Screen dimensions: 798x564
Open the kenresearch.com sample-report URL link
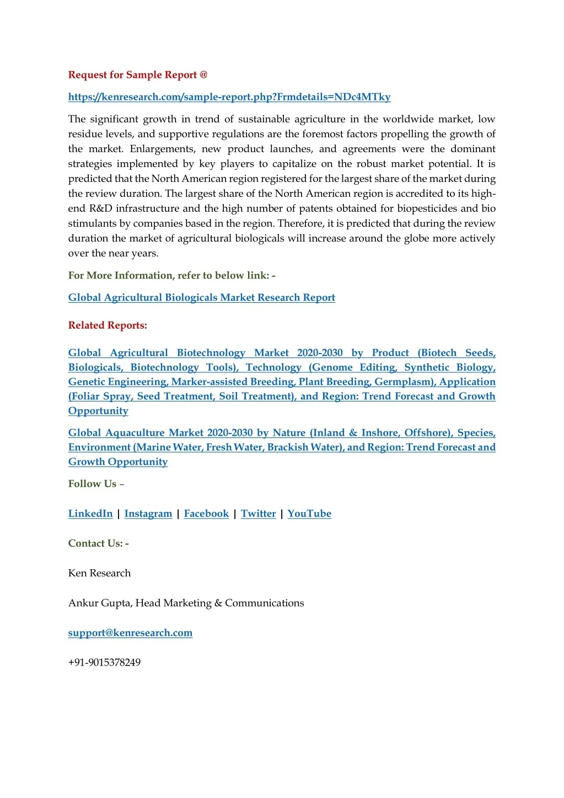click(229, 97)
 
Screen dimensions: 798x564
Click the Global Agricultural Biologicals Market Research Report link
click(201, 298)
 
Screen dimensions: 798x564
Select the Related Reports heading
click(108, 325)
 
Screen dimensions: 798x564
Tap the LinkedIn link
click(90, 514)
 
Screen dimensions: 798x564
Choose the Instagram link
click(148, 514)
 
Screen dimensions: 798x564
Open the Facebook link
click(206, 514)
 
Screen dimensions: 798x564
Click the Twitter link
click(258, 514)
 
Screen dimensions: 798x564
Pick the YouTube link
click(309, 514)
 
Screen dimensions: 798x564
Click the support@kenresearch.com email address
click(130, 633)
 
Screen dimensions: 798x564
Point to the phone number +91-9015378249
click(104, 663)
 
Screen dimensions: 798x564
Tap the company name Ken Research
click(99, 574)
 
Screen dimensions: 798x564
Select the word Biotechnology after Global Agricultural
click(211, 353)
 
